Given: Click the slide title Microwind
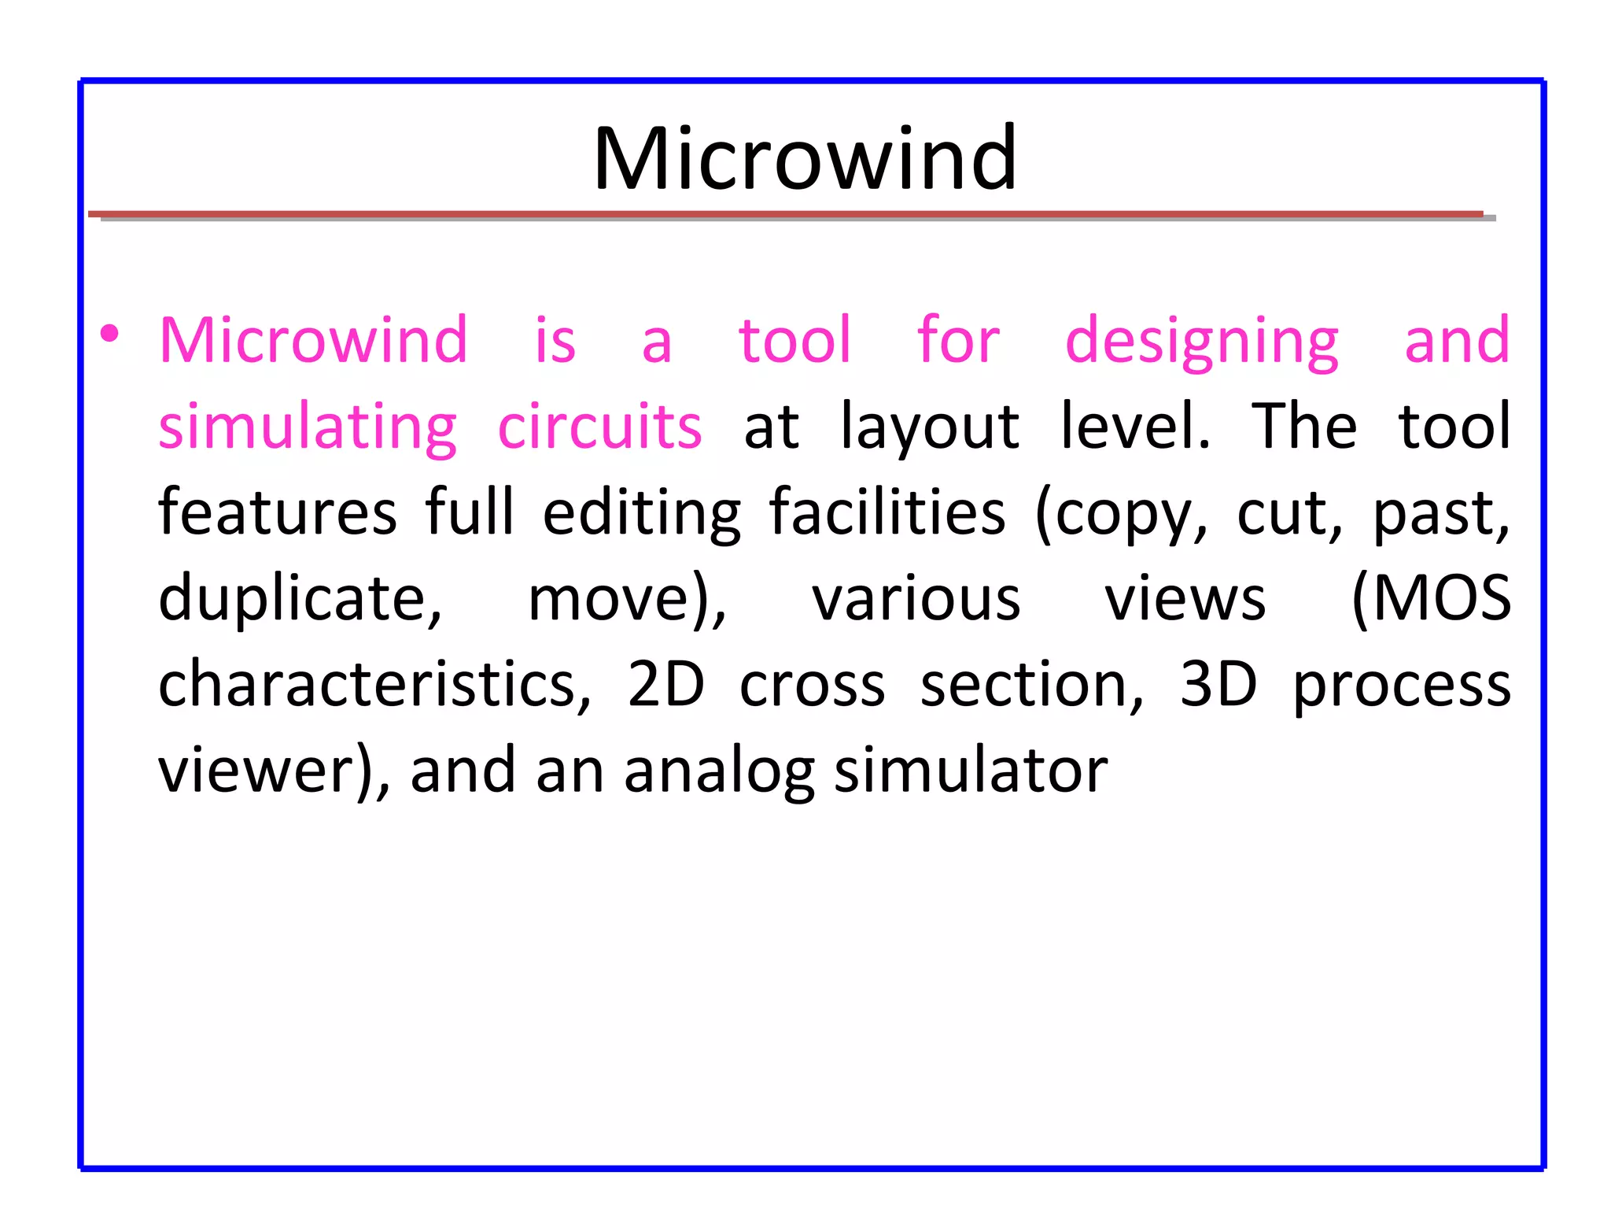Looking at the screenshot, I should tap(805, 159).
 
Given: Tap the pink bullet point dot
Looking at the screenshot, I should tap(110, 334).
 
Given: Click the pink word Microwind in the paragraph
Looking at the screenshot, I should tap(313, 340).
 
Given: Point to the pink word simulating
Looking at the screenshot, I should tap(307, 428).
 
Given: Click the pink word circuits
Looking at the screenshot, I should tap(599, 427).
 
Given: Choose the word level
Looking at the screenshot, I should tap(1134, 427).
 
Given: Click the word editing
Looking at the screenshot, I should tap(641, 514).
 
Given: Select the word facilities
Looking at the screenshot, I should tap(887, 512).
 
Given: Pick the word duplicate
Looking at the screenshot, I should tap(300, 599).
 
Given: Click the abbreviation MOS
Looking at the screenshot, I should tap(1432, 599).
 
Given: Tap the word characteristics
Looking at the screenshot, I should tap(374, 684).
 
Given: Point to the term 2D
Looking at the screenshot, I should tap(665, 684).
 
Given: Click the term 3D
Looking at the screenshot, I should tap(1218, 684).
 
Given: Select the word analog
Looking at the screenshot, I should tap(719, 772).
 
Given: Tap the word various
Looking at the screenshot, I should tap(916, 599).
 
